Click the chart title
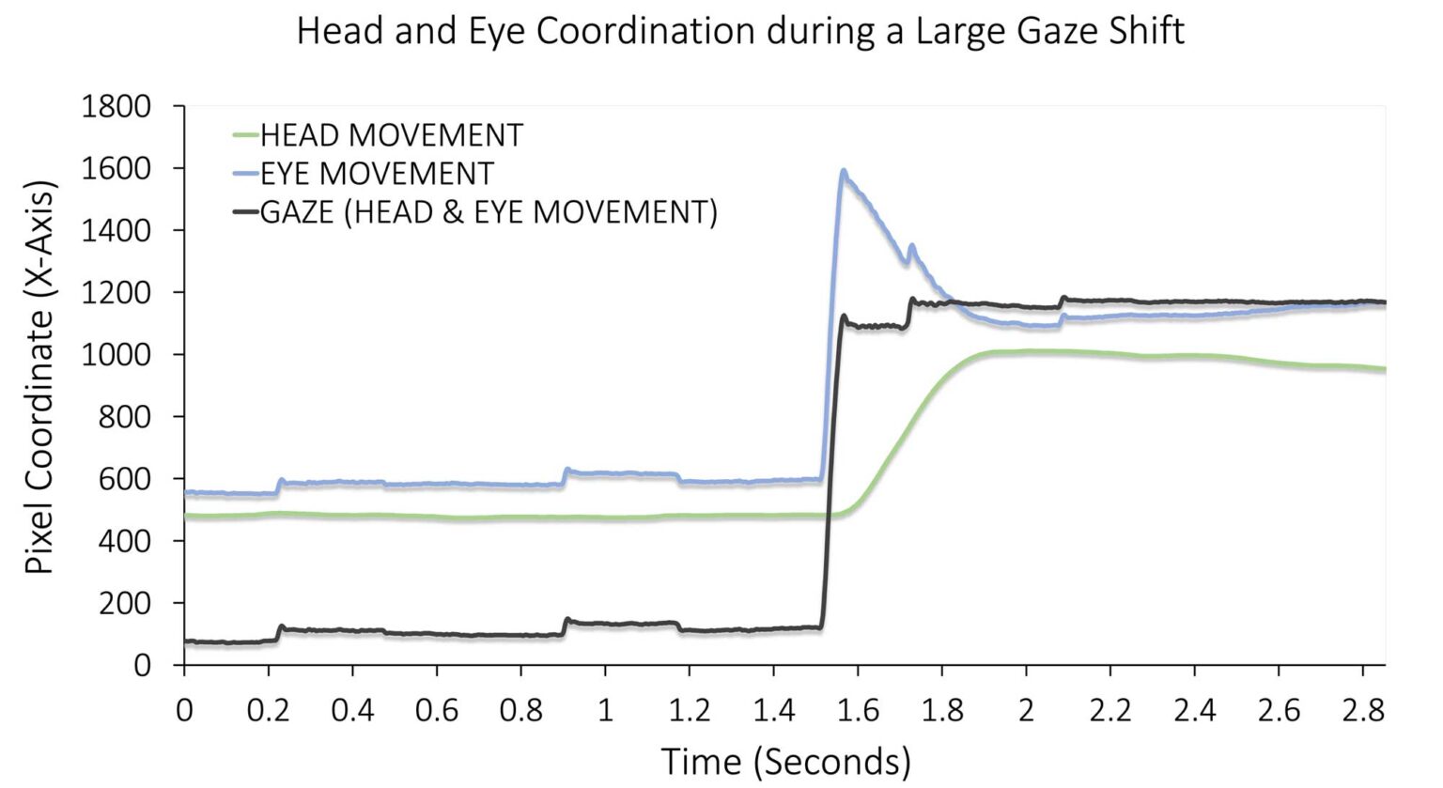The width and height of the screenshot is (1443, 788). click(740, 31)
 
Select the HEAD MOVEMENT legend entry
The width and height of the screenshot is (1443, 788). click(391, 135)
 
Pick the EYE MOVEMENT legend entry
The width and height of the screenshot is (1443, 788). click(376, 174)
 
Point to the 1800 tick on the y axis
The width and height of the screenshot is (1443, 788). click(116, 106)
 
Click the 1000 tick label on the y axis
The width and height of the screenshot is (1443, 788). click(116, 354)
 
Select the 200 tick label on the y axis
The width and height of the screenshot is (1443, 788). click(125, 602)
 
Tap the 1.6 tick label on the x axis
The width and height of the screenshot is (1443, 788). click(857, 709)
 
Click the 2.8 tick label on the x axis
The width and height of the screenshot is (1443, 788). click(1362, 709)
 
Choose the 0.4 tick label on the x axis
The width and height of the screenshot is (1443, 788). click(352, 709)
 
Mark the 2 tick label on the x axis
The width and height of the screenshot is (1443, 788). click(1026, 709)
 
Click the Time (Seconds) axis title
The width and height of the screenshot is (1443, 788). click(785, 760)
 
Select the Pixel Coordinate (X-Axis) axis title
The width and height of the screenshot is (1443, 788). click(39, 376)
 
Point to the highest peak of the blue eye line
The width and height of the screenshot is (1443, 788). click(844, 171)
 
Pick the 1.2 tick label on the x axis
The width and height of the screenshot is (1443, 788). click(689, 709)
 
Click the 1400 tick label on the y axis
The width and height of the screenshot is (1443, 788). click(116, 230)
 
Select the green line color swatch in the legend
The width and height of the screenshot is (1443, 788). click(245, 135)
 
